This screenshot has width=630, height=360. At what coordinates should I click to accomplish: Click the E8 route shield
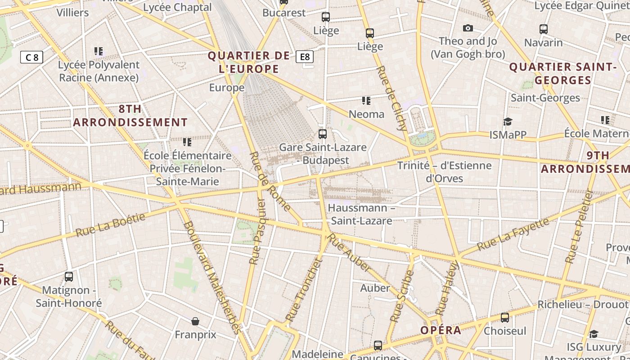click(305, 57)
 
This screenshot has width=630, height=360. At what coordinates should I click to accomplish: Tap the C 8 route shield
click(32, 57)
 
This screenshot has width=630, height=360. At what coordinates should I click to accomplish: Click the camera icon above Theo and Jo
click(468, 28)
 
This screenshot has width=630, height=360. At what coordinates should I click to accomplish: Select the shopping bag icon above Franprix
click(195, 321)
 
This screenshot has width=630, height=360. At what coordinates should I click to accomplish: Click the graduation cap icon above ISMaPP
click(508, 121)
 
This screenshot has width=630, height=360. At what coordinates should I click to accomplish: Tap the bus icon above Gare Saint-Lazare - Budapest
click(323, 134)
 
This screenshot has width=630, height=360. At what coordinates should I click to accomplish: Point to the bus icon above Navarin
click(544, 29)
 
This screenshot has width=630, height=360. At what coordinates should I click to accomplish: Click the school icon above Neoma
click(366, 101)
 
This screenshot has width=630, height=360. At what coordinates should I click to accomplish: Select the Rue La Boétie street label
click(110, 225)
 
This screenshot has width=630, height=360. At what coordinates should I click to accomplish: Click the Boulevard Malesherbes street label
click(210, 277)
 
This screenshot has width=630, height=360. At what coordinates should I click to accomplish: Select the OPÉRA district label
click(441, 330)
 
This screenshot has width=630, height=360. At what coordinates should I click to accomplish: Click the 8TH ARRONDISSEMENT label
click(130, 116)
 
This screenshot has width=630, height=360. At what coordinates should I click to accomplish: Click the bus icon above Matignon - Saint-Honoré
click(69, 277)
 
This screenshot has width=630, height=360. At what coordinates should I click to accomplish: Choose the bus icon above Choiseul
click(505, 318)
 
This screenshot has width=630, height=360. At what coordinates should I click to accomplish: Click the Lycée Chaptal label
click(177, 7)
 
